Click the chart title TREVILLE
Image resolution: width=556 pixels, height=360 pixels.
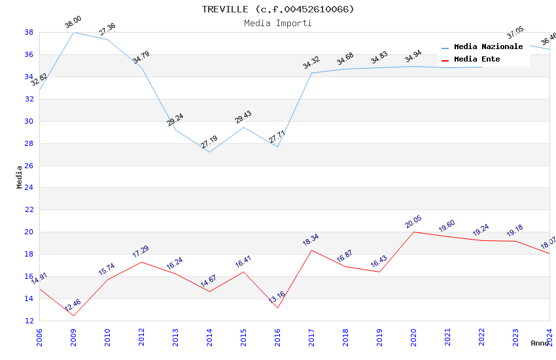[x=277, y=9]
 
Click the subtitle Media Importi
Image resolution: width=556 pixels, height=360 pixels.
[x=277, y=23]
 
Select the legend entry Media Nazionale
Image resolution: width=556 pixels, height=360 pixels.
[x=488, y=47]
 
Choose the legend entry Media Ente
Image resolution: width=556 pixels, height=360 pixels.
[x=477, y=60]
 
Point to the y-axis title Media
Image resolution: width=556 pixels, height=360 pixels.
[x=20, y=177]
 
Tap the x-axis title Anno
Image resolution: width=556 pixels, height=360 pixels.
[x=540, y=343]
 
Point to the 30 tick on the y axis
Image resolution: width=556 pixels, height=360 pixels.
[x=29, y=121]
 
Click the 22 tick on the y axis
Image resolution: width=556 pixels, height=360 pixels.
[x=29, y=210]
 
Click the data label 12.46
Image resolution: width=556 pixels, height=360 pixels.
[x=73, y=305]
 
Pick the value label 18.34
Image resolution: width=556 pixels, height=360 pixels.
[x=311, y=240]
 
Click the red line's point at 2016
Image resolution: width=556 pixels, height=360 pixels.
[x=277, y=308]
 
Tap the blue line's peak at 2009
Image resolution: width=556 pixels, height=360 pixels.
[x=73, y=32]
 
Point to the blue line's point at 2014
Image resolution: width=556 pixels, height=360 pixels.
[x=209, y=152]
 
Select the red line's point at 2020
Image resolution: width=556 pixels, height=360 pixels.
[x=413, y=232]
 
